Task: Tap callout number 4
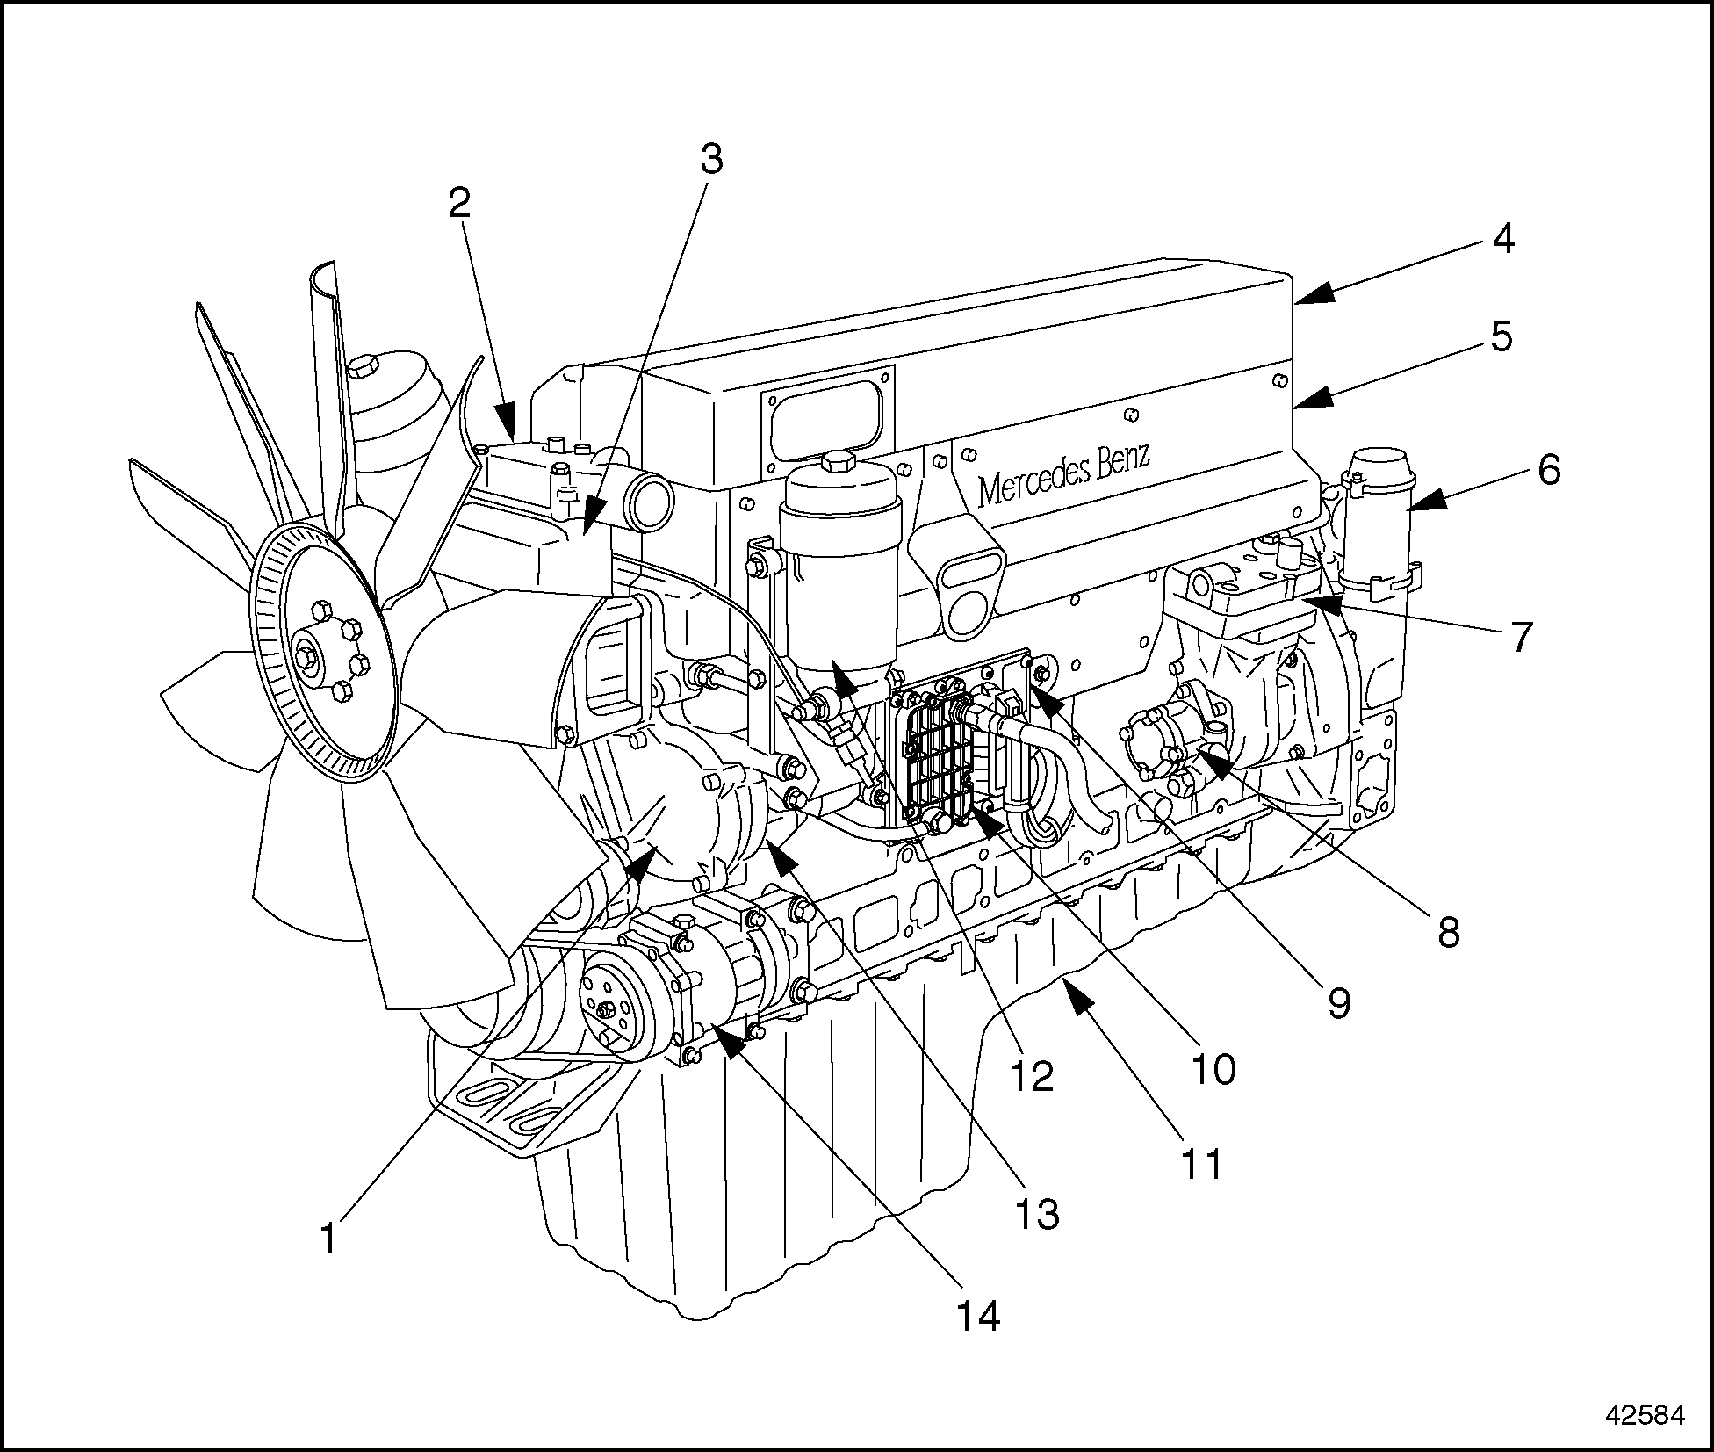point(1503,239)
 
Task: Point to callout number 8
point(1448,931)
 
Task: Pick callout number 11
point(1201,1164)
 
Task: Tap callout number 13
point(1037,1215)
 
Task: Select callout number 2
point(459,204)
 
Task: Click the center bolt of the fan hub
point(305,656)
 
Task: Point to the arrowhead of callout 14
point(729,1038)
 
